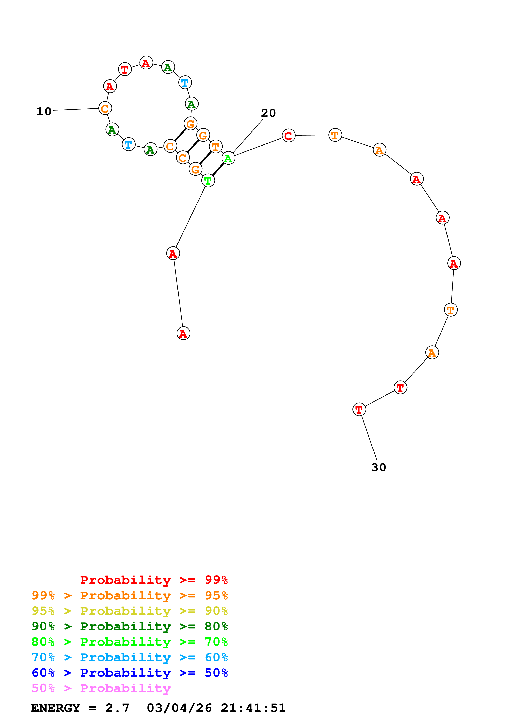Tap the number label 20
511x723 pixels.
[268, 113]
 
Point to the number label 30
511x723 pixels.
[378, 467]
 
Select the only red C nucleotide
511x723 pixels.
[288, 136]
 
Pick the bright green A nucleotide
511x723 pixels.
[228, 158]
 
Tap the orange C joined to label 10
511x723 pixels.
[105, 108]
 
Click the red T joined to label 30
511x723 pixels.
[359, 409]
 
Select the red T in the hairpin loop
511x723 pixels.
[125, 69]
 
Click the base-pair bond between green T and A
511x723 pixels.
[218, 169]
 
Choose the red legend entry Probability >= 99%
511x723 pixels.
[154, 580]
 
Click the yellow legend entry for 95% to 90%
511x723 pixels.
[129, 611]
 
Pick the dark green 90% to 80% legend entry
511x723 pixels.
[129, 626]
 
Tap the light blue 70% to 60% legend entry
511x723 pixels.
[129, 657]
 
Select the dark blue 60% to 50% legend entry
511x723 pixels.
[129, 673]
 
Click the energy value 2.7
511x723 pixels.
[117, 708]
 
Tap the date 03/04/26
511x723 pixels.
[179, 708]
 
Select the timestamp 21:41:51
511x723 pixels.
[253, 708]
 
